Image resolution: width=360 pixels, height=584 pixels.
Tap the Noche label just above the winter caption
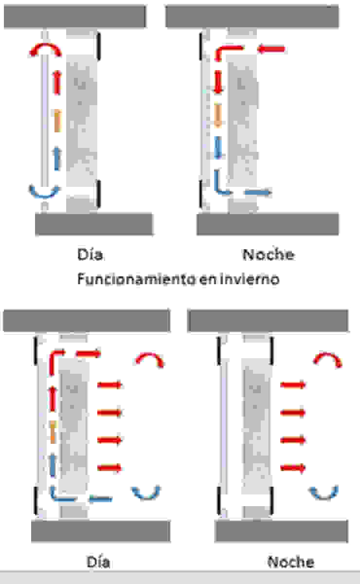point(269,255)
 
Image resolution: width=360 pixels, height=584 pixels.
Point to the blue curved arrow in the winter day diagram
point(44,191)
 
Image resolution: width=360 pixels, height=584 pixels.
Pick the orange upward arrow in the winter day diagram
point(57,120)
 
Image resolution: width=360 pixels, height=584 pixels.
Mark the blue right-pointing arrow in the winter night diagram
point(258,193)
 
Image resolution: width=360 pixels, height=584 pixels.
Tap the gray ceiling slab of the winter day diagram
point(75,16)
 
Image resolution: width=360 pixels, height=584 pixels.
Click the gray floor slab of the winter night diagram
point(268,224)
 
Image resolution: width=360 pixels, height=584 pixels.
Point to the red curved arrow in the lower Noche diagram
point(327,360)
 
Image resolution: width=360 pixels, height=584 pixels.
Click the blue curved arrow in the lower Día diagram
point(146,493)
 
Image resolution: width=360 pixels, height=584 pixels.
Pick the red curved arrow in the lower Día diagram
point(150,360)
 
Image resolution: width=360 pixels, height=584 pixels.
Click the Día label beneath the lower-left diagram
point(98,562)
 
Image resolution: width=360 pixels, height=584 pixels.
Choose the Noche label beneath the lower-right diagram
point(290,562)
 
